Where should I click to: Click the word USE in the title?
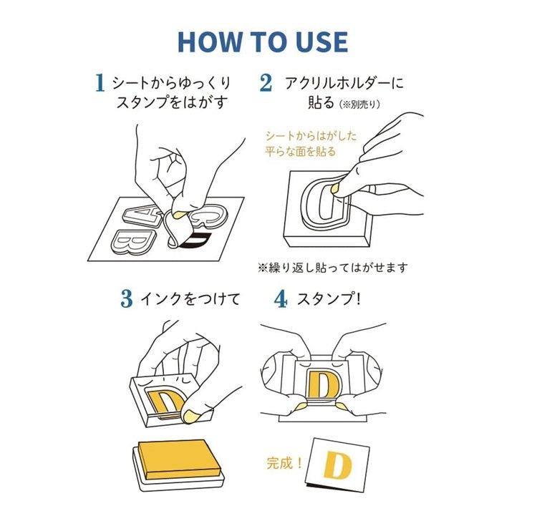321,42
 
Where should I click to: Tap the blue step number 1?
100,82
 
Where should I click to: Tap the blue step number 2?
266,82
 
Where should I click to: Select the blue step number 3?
126,298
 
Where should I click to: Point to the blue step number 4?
281,298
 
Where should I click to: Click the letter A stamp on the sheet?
142,215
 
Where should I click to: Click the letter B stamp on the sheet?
133,242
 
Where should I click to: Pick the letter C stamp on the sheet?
210,215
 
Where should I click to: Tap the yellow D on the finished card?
337,464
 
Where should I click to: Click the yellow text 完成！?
284,463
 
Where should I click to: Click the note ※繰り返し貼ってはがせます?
333,267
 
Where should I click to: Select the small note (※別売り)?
359,104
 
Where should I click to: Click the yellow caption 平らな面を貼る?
300,151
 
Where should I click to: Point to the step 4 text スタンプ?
329,299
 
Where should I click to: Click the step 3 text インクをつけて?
190,299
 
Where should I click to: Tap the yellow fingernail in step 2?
334,188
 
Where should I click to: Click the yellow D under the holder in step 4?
324,384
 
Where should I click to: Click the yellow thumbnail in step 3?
190,416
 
